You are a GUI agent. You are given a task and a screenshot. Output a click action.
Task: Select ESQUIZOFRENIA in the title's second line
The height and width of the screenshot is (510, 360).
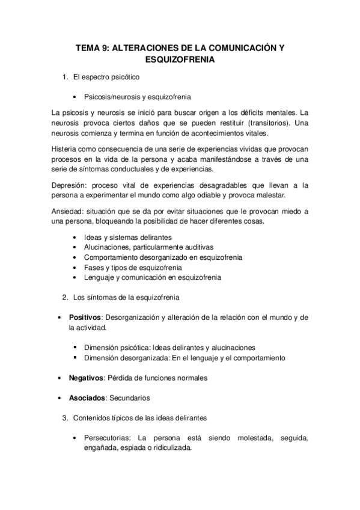[x=180, y=60]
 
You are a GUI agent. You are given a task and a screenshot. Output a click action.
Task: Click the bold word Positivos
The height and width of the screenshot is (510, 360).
[x=85, y=317]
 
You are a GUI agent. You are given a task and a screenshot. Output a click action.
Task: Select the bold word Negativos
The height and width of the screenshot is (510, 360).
[x=87, y=378]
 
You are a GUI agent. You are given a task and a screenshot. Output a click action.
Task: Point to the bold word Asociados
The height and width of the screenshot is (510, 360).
[x=87, y=398]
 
